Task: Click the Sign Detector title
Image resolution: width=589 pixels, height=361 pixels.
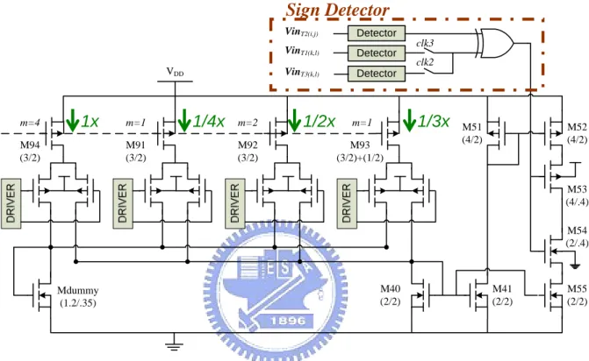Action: coord(337,10)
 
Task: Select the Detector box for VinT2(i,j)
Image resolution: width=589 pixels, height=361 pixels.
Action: coord(377,33)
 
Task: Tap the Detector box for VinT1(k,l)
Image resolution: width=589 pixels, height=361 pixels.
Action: coord(377,53)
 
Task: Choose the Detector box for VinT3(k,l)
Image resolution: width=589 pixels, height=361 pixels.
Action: coord(377,74)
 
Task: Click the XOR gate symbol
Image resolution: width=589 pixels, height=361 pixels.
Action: coord(495,43)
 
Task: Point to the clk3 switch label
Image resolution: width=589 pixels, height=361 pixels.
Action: coord(425,43)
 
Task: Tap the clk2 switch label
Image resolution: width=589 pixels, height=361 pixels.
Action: coord(425,62)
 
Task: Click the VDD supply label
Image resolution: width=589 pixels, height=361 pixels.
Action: coord(175,71)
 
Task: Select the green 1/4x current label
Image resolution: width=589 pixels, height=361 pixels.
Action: coord(209,121)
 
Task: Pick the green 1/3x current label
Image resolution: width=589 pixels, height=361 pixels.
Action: coord(434,121)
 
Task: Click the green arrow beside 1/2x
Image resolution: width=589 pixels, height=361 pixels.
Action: coord(294,120)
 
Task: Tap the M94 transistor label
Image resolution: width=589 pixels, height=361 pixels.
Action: coord(30,145)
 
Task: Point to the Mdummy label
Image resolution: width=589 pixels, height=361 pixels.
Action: coord(78,291)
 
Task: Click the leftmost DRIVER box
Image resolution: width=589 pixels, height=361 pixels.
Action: coord(11,203)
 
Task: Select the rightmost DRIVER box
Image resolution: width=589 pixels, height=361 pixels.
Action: coord(347,203)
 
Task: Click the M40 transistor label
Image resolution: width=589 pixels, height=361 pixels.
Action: coord(391,288)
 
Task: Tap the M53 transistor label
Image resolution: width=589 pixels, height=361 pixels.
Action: coord(577,189)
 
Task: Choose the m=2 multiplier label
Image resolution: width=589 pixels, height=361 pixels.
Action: coord(248,123)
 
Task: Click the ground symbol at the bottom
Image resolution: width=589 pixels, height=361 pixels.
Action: coord(174,345)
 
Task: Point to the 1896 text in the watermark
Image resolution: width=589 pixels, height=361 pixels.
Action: coord(288,321)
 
